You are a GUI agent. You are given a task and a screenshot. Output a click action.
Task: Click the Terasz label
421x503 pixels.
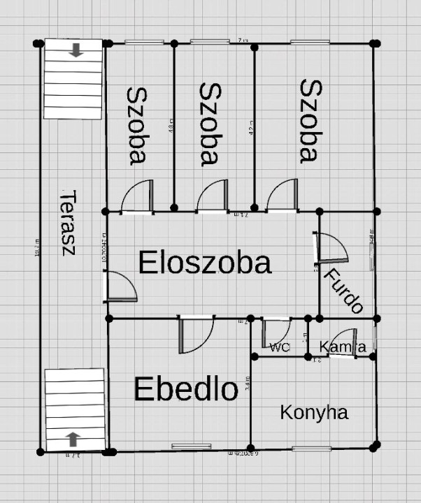coord(66,222)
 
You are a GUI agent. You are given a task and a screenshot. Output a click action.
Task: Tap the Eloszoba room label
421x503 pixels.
coord(204,263)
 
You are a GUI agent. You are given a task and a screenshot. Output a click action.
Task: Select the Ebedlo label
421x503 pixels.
coord(186,389)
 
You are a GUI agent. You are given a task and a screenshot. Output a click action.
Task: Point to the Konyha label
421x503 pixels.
coord(314,412)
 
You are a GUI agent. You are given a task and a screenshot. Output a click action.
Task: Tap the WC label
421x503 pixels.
coord(280,347)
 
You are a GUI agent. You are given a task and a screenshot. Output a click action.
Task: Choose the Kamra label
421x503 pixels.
coord(343,347)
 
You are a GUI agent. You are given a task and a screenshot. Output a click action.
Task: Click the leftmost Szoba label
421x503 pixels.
coord(137,126)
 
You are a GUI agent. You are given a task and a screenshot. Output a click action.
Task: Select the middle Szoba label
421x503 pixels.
coord(210,124)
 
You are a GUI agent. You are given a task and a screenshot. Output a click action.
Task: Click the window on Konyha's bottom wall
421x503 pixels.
coord(311,448)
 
